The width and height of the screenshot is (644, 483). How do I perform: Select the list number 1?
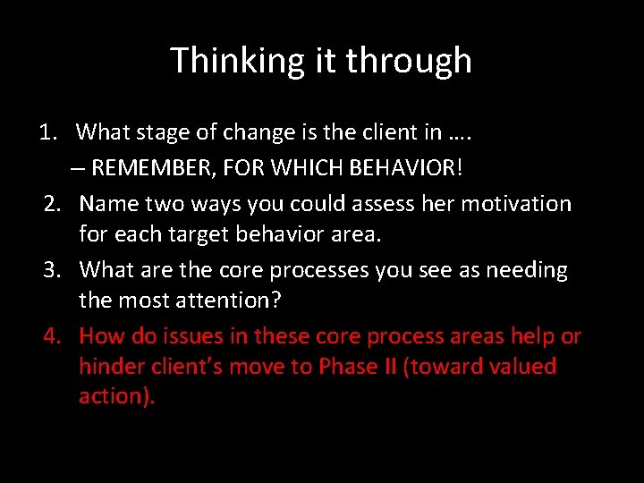tap(47, 132)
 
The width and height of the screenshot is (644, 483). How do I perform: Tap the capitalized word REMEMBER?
tap(152, 168)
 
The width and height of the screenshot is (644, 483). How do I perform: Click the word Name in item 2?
tap(103, 204)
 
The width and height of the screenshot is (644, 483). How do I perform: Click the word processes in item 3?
tap(305, 270)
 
